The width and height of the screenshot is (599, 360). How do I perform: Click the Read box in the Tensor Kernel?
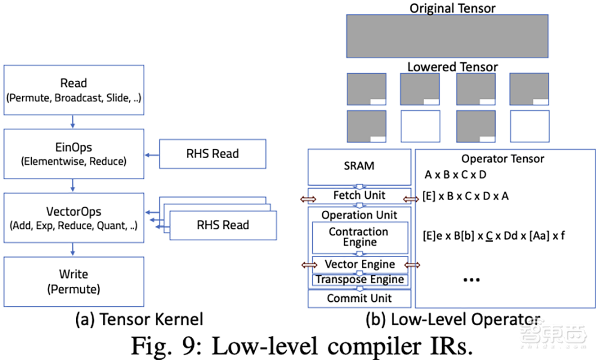74,90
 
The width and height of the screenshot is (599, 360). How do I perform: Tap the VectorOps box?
74,217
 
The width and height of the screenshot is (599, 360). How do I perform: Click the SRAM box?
359,166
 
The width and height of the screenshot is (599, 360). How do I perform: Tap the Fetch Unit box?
359,195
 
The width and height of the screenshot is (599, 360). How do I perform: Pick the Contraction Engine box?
359,237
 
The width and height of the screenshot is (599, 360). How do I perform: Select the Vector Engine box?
359,264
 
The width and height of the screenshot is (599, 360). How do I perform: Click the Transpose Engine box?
359,280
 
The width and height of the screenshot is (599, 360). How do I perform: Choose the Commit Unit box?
359,298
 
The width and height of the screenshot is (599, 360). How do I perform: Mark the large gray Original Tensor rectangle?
447,36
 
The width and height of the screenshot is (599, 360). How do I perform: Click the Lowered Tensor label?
452,67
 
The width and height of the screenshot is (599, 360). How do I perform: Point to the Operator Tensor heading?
503,159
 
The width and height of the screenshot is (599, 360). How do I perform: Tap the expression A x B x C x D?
455,174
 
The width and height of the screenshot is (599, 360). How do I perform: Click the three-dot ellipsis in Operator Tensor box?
472,279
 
